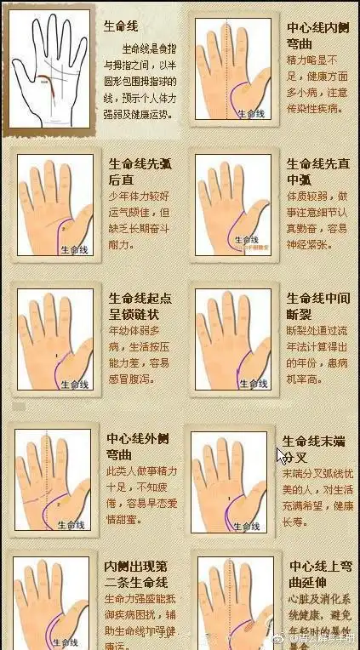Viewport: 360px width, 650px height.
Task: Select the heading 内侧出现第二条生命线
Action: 135,576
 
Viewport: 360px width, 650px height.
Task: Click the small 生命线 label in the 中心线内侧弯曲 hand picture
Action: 251,113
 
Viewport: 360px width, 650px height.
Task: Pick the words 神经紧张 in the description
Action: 308,245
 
